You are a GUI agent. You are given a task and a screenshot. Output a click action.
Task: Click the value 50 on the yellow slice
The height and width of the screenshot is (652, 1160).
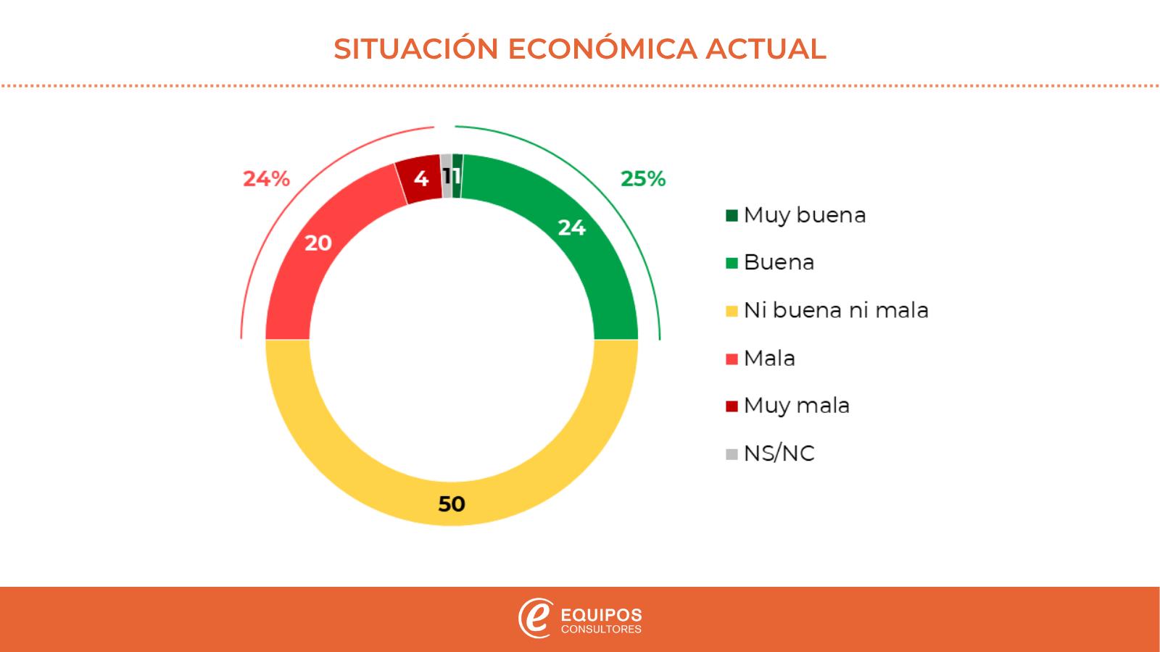(452, 503)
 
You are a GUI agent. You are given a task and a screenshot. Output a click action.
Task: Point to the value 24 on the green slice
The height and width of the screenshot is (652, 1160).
(571, 227)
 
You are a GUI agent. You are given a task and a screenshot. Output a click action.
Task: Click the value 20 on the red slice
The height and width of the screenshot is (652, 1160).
(318, 243)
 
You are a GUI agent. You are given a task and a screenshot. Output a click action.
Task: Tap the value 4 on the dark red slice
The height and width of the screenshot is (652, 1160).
(420, 178)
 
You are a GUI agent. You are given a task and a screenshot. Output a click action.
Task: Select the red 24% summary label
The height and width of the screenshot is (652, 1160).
(266, 179)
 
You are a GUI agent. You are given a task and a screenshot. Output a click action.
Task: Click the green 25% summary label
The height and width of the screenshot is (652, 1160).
(643, 179)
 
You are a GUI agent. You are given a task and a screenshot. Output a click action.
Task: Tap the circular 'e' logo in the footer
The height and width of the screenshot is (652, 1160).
(535, 618)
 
